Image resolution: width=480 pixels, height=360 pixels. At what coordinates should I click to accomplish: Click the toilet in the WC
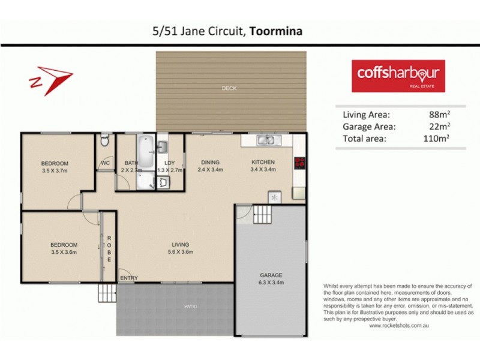105,142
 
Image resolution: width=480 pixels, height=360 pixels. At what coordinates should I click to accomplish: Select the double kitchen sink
266,141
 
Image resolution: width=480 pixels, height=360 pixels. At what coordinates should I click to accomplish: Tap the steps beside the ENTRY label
107,293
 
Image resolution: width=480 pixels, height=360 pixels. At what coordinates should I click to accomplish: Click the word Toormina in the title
277,31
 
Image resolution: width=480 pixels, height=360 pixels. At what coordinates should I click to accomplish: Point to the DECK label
229,89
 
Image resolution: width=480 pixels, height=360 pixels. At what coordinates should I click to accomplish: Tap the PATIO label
190,307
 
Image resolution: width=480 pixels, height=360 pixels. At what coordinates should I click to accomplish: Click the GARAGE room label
271,275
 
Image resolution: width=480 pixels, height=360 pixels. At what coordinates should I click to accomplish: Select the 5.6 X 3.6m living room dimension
180,252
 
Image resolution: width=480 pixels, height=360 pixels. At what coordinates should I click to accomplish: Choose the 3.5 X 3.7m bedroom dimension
55,171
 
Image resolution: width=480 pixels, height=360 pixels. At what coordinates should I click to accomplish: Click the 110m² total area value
436,138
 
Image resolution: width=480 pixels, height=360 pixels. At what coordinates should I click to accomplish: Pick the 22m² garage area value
439,126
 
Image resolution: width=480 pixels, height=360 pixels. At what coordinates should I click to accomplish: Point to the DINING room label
211,162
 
